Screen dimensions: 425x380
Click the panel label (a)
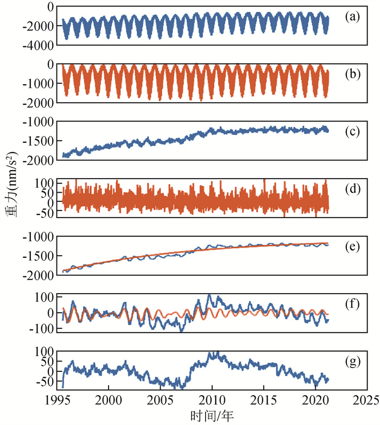[352, 16]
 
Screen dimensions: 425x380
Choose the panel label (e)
[352, 248]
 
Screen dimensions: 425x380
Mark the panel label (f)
[352, 303]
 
